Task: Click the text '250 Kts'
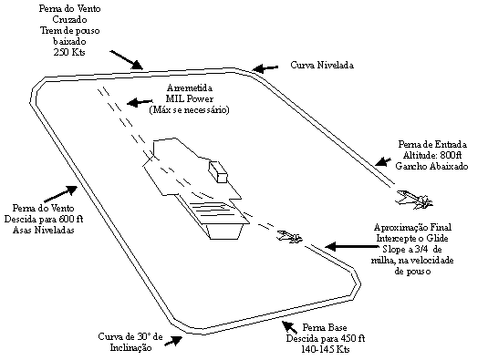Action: pyautogui.click(x=69, y=52)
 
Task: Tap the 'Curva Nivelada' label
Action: pyautogui.click(x=322, y=65)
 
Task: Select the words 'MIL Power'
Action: pyautogui.click(x=190, y=98)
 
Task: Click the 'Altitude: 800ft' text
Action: pyautogui.click(x=432, y=155)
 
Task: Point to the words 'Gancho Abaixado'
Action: pyautogui.click(x=431, y=166)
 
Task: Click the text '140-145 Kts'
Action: pyautogui.click(x=326, y=349)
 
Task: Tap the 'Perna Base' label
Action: pyautogui.click(x=325, y=327)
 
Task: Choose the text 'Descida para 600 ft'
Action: pyautogui.click(x=44, y=219)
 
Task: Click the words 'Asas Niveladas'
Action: pyautogui.click(x=43, y=230)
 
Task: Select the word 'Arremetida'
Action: pyautogui.click(x=190, y=88)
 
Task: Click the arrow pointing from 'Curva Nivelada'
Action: pyautogui.click(x=265, y=68)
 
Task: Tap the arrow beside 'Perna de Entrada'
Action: pyautogui.click(x=383, y=162)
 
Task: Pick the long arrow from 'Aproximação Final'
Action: pyautogui.click(x=351, y=246)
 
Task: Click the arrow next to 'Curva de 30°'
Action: pyautogui.click(x=173, y=341)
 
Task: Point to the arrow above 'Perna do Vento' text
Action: pyautogui.click(x=61, y=194)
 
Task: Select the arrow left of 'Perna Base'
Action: pyautogui.click(x=289, y=327)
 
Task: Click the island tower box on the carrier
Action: pyautogui.click(x=218, y=172)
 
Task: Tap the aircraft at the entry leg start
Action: pyautogui.click(x=414, y=200)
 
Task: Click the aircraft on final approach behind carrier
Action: pyautogui.click(x=289, y=237)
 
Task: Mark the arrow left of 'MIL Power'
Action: pyautogui.click(x=140, y=102)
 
